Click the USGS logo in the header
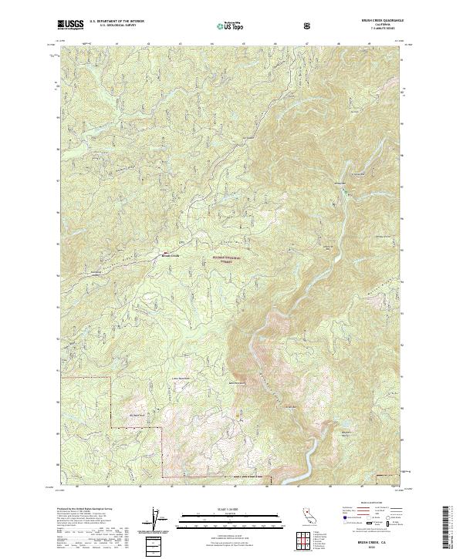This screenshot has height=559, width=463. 70,25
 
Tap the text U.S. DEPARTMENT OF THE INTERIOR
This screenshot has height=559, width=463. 117,22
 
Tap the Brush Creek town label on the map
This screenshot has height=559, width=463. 169,255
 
